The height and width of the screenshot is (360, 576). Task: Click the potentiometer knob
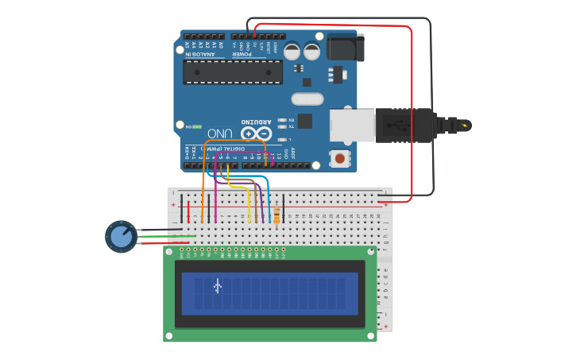tap(121, 236)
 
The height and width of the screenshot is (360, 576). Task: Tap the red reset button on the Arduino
tap(340, 158)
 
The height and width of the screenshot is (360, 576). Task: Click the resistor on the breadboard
tap(276, 215)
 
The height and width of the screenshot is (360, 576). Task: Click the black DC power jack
tap(346, 48)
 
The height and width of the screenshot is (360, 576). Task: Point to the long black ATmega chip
tap(233, 72)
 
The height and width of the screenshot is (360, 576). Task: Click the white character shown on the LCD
tap(218, 285)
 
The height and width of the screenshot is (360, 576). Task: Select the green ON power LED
tap(196, 126)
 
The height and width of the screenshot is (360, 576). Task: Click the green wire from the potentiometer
tap(167, 236)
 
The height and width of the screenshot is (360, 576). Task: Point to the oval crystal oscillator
tap(307, 99)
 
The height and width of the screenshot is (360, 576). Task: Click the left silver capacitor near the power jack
tap(292, 52)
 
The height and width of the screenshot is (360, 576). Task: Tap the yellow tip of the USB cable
tap(464, 125)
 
